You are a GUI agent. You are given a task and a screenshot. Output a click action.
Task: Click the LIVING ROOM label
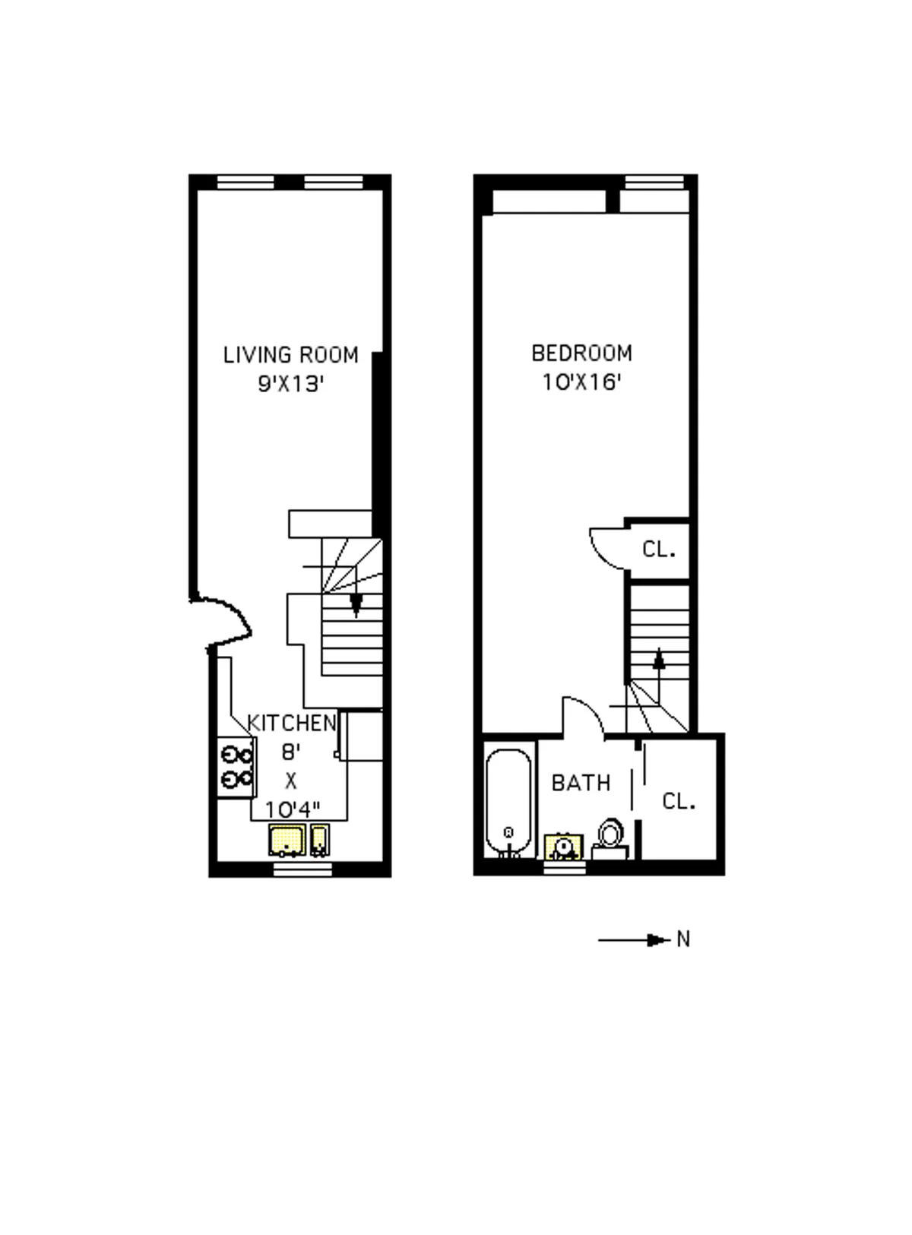[x=290, y=355]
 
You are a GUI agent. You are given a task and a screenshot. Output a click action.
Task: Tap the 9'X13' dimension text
[x=291, y=385]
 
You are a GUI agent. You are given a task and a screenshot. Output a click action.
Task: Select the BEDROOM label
[x=581, y=353]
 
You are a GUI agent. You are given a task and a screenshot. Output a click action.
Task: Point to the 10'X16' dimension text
[x=581, y=382]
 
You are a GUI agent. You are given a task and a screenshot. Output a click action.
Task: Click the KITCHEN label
[x=292, y=723]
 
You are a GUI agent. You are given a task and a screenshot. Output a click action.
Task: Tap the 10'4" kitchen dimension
[x=292, y=809]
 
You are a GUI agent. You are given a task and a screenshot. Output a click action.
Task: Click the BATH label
[x=581, y=783]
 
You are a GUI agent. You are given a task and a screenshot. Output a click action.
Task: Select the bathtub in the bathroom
[x=509, y=803]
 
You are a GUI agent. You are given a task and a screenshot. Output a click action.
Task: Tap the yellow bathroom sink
[x=564, y=847]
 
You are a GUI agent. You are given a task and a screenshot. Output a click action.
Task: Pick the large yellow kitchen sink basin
[x=287, y=840]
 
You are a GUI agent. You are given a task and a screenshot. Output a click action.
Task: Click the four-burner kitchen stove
[x=236, y=767]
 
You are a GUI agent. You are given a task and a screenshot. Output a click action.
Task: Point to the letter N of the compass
[x=683, y=940]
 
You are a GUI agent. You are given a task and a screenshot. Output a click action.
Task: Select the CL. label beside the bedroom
[x=658, y=549]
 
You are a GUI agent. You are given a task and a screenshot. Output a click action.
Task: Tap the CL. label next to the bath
[x=679, y=801]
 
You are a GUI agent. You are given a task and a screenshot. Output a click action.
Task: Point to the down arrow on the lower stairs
[x=355, y=605]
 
